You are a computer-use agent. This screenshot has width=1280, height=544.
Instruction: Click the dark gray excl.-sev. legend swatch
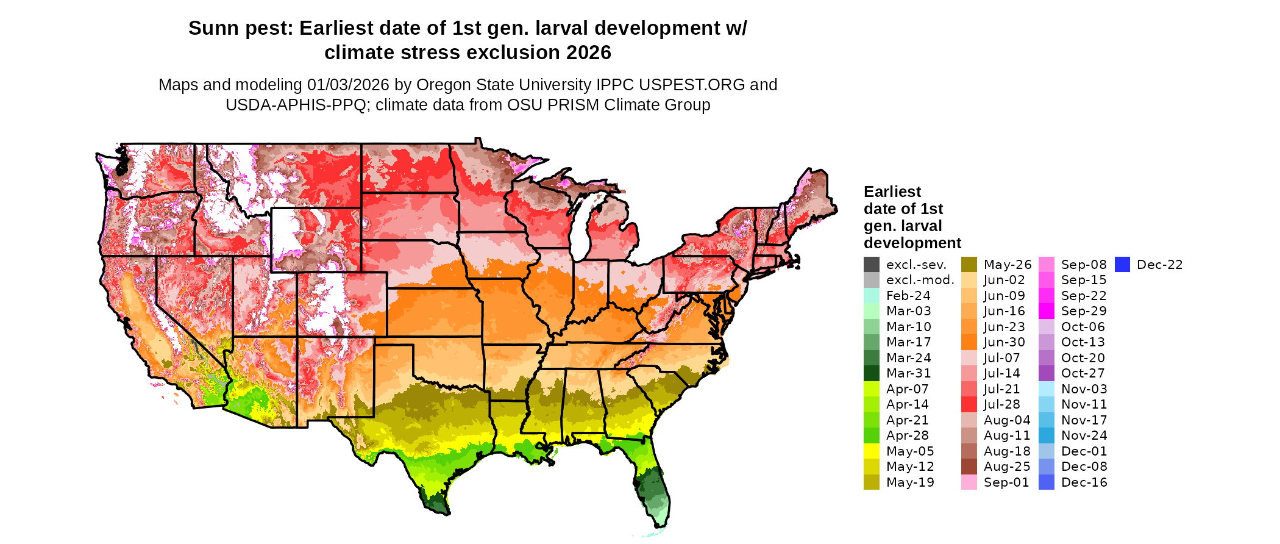click(871, 265)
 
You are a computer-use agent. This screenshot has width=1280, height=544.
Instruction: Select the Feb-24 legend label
click(908, 296)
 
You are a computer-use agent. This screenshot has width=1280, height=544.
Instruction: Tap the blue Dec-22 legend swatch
click(1122, 265)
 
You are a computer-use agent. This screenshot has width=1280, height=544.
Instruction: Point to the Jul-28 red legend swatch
click(969, 404)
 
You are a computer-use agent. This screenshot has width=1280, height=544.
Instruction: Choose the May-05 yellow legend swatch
click(871, 451)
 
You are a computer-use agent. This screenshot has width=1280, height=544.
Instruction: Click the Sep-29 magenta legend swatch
click(1046, 311)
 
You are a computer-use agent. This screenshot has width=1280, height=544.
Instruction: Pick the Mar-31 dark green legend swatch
click(871, 373)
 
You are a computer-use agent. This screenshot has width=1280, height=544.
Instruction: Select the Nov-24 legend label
click(1084, 435)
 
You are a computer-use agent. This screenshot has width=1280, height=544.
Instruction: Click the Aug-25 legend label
click(1007, 467)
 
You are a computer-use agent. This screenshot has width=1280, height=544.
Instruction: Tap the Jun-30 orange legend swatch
click(969, 342)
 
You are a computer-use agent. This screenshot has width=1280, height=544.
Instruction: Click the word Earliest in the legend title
click(892, 191)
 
